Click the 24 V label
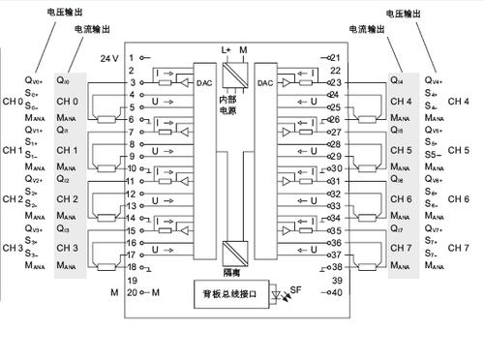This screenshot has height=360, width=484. [x=109, y=58]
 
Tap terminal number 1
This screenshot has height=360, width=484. [x=131, y=58]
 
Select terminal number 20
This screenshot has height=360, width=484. [x=131, y=291]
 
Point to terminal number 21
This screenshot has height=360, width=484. [x=337, y=58]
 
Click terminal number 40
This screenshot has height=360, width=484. [x=337, y=291]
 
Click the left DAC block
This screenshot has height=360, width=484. [x=204, y=83]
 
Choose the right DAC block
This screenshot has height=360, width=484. [x=265, y=83]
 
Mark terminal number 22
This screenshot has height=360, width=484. [x=337, y=71]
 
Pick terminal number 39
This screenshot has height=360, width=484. [x=337, y=279]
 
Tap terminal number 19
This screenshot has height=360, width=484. [x=131, y=279]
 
